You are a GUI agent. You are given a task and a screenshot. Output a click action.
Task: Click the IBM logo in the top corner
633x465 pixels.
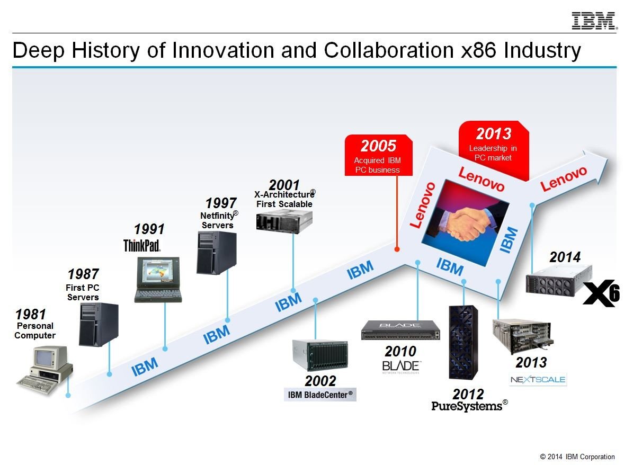[594, 21]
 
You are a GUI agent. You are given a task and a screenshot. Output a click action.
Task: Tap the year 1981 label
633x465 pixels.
[31, 314]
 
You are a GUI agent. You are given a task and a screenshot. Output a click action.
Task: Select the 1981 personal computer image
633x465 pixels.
[45, 370]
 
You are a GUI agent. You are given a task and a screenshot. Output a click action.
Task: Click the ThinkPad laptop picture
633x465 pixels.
[158, 280]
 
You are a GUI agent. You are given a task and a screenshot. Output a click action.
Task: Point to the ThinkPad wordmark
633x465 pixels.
[142, 245]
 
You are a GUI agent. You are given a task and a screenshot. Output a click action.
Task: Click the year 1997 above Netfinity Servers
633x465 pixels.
[221, 203]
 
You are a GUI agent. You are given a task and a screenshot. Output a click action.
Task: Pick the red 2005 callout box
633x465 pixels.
[379, 155]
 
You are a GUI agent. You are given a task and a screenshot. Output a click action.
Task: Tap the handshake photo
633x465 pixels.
[466, 223]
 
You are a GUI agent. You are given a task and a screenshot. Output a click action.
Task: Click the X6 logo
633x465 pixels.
[602, 293]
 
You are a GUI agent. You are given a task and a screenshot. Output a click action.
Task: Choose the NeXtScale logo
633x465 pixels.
[538, 379]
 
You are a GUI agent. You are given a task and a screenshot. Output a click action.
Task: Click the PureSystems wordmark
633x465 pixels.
[469, 406]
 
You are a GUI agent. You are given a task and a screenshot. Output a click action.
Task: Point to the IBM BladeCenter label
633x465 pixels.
[320, 395]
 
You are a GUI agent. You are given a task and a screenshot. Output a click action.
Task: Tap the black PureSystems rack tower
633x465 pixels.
[463, 342]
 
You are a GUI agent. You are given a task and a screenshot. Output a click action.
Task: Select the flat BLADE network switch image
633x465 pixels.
[400, 330]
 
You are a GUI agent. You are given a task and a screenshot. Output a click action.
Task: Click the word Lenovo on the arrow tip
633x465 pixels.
[564, 178]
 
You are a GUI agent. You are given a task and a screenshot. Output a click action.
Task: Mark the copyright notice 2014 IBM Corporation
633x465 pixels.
[577, 457]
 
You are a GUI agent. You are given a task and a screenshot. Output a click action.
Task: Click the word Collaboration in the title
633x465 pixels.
[389, 50]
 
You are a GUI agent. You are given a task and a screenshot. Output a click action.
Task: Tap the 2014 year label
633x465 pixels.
[565, 257]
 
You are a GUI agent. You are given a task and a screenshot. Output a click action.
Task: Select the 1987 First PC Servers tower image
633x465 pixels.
[99, 325]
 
